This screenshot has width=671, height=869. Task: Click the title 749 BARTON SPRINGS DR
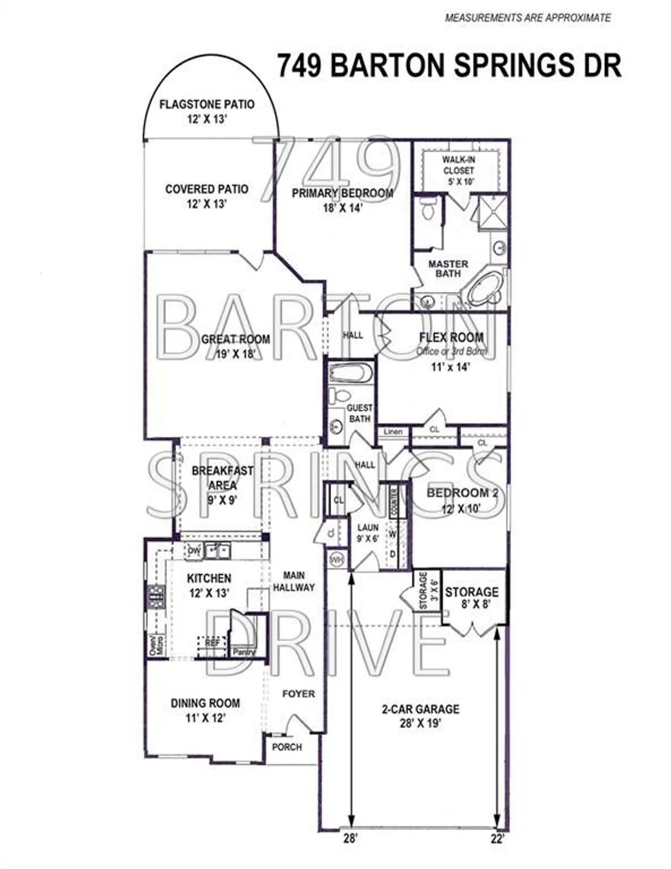pos(449,65)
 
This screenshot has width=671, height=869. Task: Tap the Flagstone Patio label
pos(207,105)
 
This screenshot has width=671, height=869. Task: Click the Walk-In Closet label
pos(458,165)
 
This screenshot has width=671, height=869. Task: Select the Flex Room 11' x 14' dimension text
pos(450,367)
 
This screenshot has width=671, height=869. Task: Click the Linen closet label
pos(393,432)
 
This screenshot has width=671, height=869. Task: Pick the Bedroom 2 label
pos(462,493)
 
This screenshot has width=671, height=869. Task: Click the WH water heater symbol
pos(337,560)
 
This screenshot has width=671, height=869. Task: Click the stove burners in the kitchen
pos(156,596)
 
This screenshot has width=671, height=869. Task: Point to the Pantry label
pos(244,652)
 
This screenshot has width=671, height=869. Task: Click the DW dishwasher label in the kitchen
pos(194,551)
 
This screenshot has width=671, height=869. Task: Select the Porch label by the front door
pos(287,747)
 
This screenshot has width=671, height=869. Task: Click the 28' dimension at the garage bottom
pos(350,838)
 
